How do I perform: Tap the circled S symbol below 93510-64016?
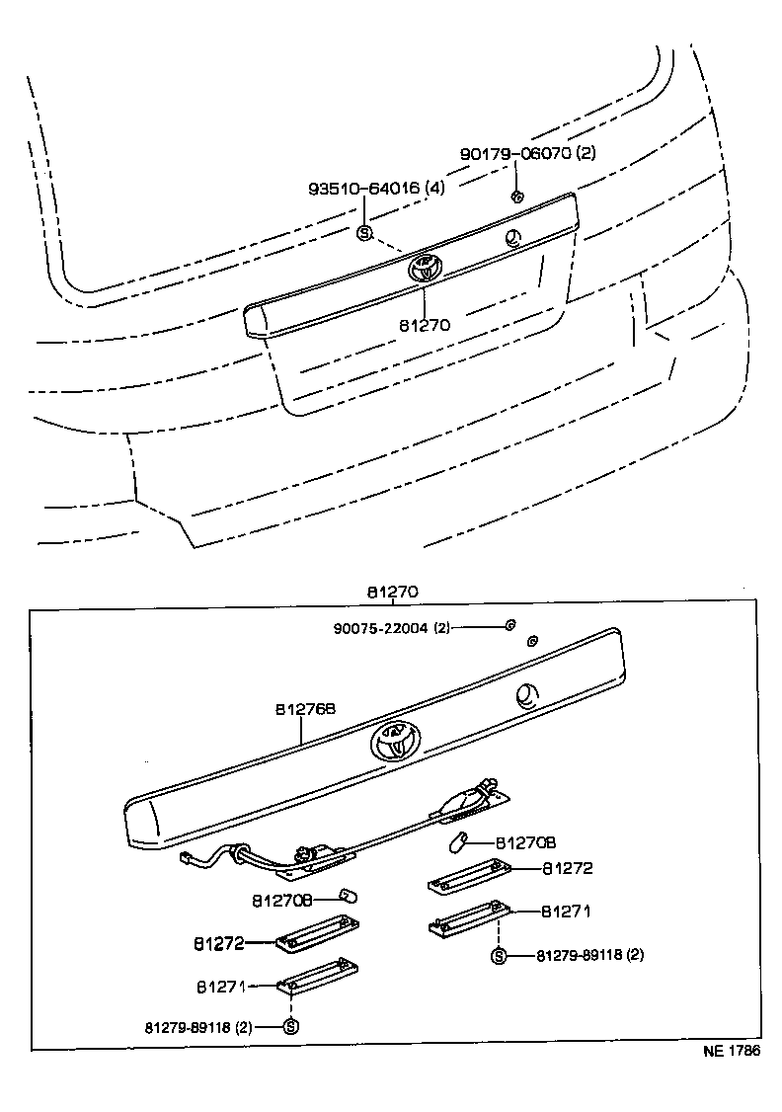point(363,233)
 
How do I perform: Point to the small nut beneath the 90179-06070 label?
point(516,196)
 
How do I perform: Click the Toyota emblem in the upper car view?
point(424,267)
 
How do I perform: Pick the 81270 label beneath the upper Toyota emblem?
point(425,324)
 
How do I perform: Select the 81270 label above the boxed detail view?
point(393,593)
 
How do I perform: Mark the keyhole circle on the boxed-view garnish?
point(527,696)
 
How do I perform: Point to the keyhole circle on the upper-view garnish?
point(512,237)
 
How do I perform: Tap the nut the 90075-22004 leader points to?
point(509,625)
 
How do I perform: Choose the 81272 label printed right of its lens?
point(567,868)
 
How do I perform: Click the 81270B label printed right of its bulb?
point(526,842)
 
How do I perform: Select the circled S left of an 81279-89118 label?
point(290,1026)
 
